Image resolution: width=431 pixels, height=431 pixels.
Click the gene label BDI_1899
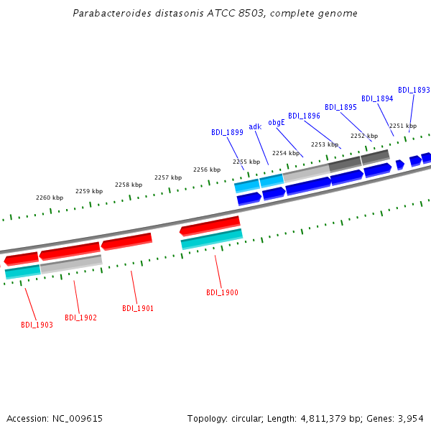227,132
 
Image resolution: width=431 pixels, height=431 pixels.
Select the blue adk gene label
255,126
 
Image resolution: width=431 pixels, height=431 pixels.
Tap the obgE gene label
277,122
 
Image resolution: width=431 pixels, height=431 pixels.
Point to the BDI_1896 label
304,116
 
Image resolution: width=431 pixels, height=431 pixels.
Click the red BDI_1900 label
222,292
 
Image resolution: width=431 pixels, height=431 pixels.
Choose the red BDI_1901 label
138,308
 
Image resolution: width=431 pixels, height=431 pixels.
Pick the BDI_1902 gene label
80,318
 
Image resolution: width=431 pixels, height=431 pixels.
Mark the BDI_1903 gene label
37,325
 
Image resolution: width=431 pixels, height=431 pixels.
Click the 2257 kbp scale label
168,177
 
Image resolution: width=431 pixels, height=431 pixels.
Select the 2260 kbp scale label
50,198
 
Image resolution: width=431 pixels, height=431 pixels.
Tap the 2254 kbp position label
286,153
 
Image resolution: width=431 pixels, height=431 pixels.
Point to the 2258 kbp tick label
129,185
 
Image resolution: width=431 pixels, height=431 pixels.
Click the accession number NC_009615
78,419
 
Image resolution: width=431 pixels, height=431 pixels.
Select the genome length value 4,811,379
323,419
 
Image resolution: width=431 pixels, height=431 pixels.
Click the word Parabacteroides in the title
112,13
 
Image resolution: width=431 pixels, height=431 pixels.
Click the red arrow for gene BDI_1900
210,226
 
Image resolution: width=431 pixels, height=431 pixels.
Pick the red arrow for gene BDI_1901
126,241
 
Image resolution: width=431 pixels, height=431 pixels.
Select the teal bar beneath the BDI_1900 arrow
212,239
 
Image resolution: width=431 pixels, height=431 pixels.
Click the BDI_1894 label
377,98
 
